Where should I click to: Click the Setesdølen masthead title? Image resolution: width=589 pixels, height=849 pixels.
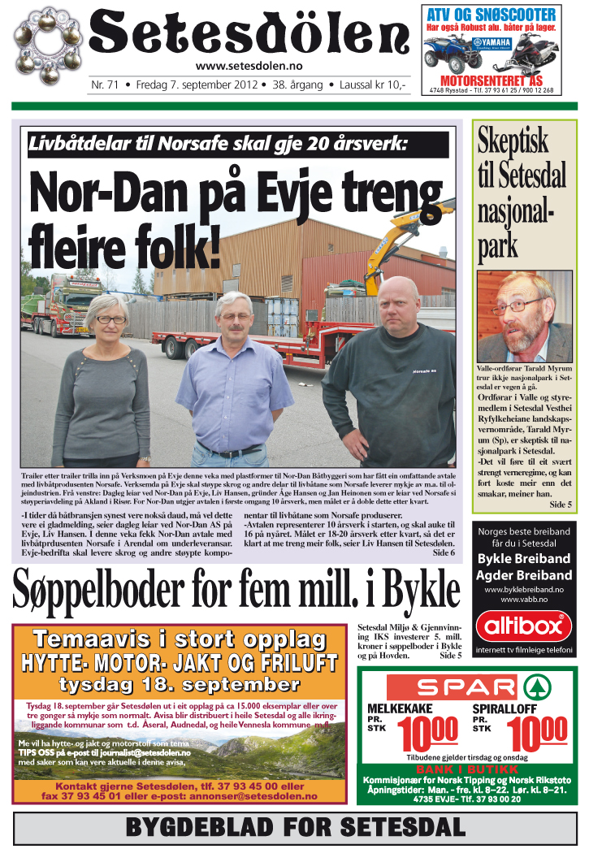[x=248, y=34]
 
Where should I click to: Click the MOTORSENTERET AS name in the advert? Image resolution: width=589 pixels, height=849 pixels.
[x=492, y=80]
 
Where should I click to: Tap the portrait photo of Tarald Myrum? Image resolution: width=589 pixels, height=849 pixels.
[x=524, y=317]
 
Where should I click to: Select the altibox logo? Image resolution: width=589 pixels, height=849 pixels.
[x=523, y=626]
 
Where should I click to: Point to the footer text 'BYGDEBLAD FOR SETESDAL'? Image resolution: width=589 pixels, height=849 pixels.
[x=295, y=829]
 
